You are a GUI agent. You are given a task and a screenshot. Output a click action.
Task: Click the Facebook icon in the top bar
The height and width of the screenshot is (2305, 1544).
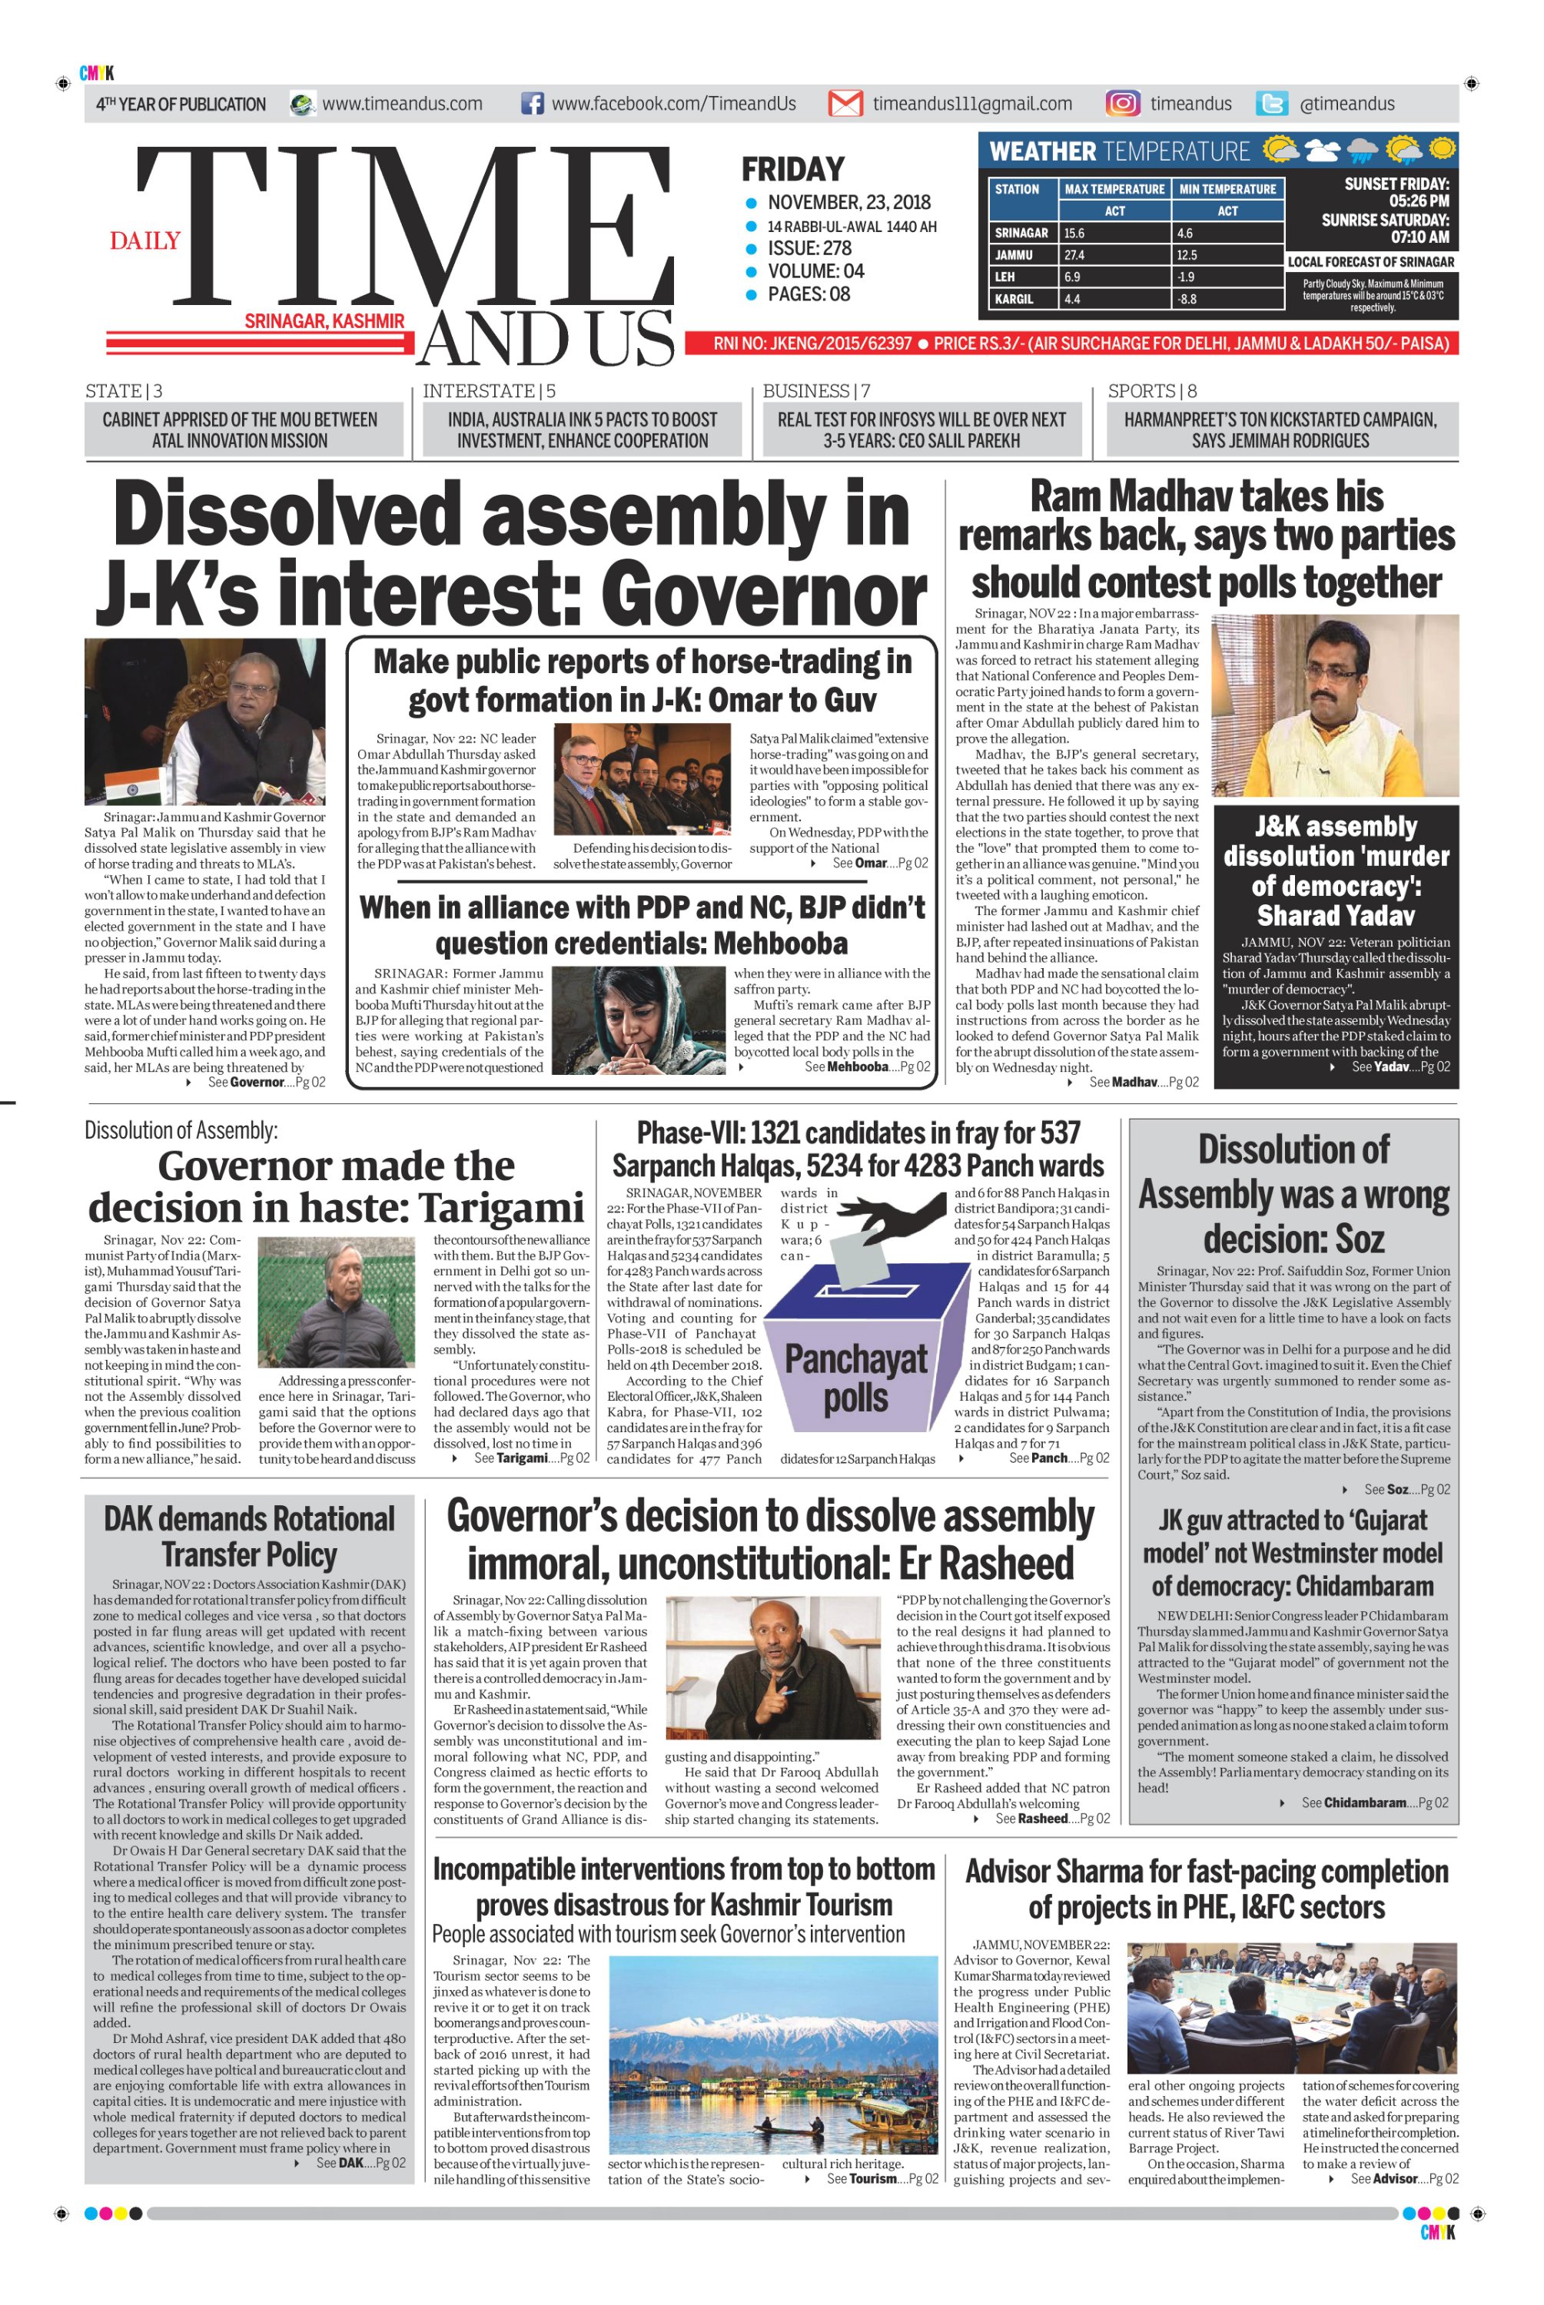point(532,104)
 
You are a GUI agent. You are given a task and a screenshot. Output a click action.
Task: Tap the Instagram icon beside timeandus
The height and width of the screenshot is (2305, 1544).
point(1123,104)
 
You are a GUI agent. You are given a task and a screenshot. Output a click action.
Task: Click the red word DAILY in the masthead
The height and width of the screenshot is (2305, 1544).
point(144,240)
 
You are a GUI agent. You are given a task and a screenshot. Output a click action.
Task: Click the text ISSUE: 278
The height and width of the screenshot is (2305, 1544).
point(809,248)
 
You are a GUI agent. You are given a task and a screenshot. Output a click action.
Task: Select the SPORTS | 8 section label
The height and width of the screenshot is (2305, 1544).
point(1152,391)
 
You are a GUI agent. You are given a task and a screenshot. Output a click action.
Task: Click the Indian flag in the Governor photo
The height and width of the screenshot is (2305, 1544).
point(124,788)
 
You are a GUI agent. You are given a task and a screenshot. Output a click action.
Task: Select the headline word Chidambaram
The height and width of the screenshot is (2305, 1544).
point(1365,1587)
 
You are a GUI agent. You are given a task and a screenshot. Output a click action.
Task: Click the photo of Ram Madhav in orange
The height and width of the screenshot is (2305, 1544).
point(1334,705)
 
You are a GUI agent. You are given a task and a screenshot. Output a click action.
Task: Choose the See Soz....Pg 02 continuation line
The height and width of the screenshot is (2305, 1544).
point(1406,1489)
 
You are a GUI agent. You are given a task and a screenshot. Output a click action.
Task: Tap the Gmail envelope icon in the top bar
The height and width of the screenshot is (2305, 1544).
point(845,104)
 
